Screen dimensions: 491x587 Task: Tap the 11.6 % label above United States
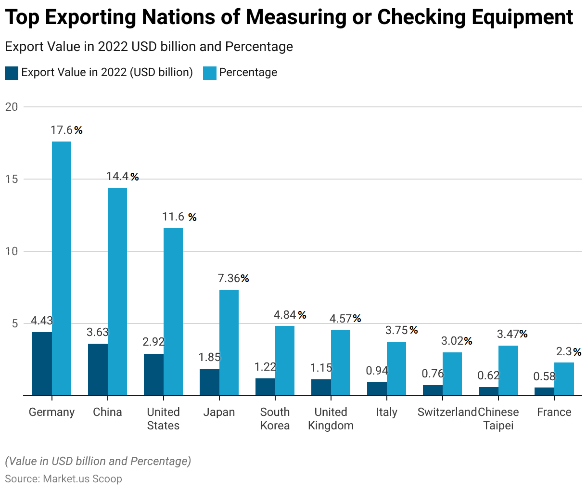[x=179, y=217]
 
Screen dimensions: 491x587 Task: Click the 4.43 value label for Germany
[x=42, y=321]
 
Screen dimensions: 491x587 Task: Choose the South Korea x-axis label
[x=275, y=419]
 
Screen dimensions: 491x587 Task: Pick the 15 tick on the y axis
[x=11, y=179]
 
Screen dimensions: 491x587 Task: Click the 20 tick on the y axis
[x=11, y=107]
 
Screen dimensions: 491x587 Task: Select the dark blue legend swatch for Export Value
[x=12, y=73]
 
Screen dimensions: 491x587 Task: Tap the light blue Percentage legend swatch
[x=210, y=73]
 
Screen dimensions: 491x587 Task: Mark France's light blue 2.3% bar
[x=564, y=379]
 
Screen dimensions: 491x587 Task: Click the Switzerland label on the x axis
[x=447, y=412]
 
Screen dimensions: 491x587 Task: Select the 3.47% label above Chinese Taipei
[x=512, y=334]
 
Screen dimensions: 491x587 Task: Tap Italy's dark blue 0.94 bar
[x=377, y=388]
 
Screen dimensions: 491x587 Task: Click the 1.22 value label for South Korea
[x=265, y=367]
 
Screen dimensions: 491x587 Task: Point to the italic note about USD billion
[x=98, y=461]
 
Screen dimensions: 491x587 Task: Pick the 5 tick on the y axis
[x=14, y=323]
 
